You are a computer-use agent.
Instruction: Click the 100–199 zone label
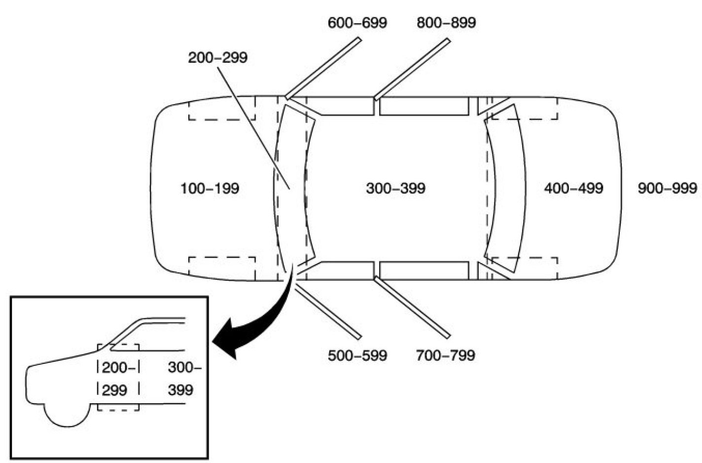coord(210,189)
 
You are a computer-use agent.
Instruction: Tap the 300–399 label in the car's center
coord(395,189)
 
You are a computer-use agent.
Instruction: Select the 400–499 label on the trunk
coord(573,189)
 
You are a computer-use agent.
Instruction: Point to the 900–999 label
coord(667,189)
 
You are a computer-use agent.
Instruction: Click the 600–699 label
coord(357,23)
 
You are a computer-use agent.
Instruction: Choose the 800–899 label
coord(446,23)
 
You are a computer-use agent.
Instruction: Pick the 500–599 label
coord(357,355)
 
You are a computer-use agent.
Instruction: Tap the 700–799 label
coord(446,355)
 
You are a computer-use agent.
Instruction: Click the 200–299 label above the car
coord(217,58)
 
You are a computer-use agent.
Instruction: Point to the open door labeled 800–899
coord(412,69)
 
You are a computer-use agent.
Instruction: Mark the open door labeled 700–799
coord(412,308)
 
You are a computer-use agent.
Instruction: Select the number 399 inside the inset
coord(180,390)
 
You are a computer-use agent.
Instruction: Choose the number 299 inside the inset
coord(114,390)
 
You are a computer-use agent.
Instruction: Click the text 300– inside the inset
coord(184,368)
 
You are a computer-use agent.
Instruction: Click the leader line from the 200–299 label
coord(254,128)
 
